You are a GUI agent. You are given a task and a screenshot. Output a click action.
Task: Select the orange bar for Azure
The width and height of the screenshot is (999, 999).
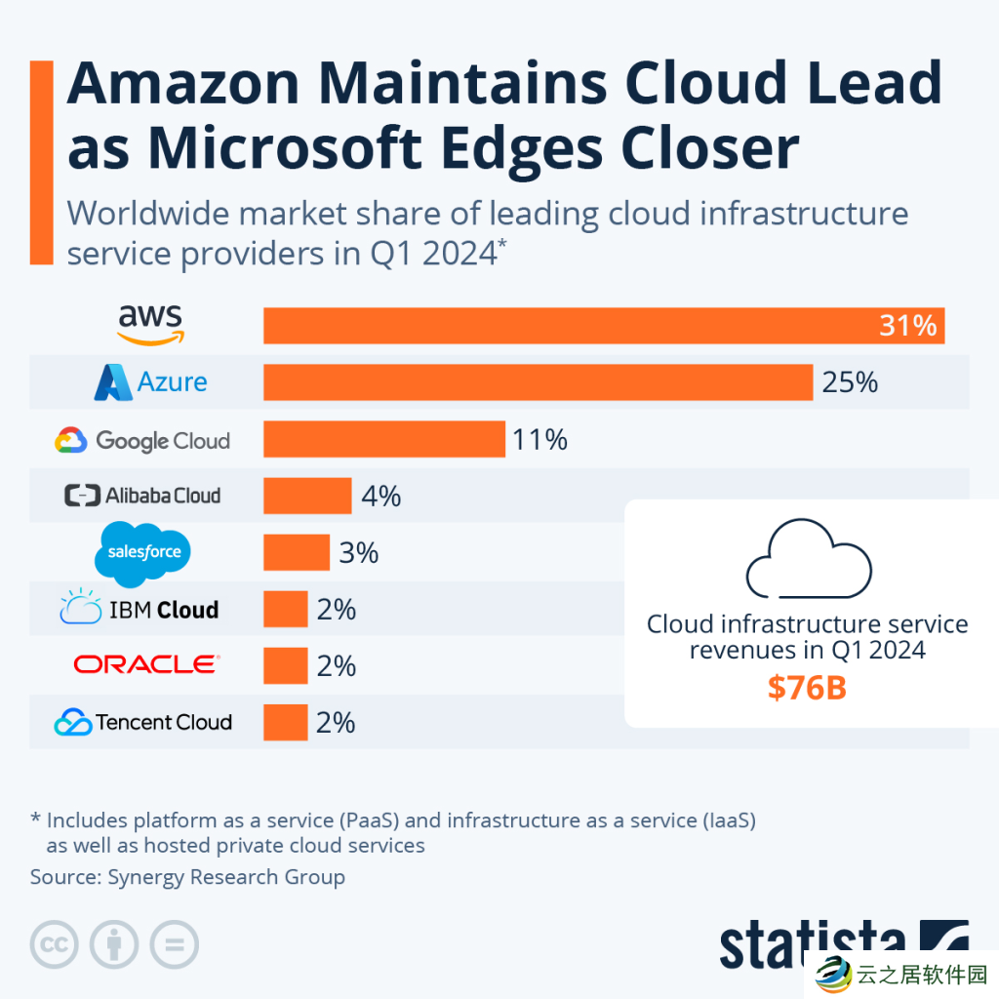point(538,381)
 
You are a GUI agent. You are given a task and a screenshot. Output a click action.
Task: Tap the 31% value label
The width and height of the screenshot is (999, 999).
point(907,325)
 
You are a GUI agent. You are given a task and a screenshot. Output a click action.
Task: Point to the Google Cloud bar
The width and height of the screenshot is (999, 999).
point(384,439)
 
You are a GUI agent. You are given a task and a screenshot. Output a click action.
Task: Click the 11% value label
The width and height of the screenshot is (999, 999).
point(540,439)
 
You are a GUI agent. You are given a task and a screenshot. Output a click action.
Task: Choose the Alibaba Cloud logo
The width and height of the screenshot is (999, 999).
point(142,496)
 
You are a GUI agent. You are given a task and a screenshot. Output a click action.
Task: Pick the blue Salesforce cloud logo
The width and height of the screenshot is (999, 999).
point(144,552)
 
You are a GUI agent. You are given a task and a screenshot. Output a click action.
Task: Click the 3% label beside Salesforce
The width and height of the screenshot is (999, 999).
point(359,552)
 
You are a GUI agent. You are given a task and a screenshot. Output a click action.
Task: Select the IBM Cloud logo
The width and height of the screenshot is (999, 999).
point(140,609)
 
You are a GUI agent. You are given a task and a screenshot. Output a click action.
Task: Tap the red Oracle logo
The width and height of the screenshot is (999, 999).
point(146,664)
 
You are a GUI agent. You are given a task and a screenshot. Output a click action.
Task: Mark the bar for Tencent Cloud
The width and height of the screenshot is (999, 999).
point(286,722)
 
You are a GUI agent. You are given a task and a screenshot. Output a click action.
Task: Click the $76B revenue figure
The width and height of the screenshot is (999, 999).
point(807,688)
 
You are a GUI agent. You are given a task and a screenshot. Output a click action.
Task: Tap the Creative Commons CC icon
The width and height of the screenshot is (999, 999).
point(55,944)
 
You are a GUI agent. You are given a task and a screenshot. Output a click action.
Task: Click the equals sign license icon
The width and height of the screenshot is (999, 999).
point(174,944)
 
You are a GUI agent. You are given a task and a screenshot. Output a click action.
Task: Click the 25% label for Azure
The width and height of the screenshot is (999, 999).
point(850,381)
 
